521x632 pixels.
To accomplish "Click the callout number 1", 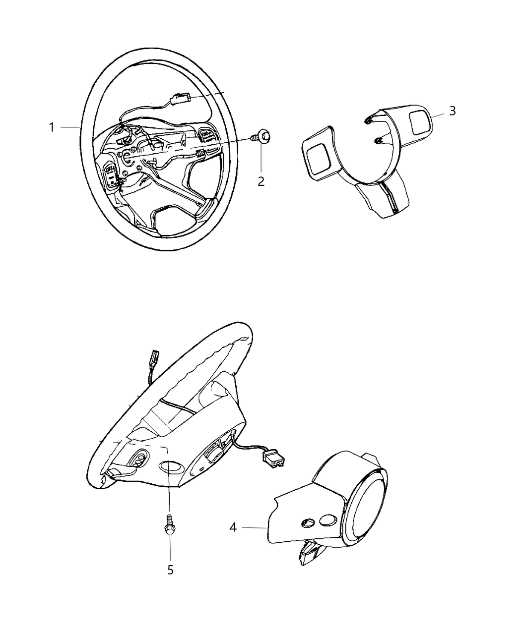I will click(51, 127).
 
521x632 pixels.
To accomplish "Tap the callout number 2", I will click(260, 181).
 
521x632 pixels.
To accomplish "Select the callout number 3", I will click(452, 111).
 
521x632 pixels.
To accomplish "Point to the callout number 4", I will click(233, 527).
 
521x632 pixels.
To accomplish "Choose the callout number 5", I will click(170, 570).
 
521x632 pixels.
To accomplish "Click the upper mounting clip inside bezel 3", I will click(367, 121).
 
